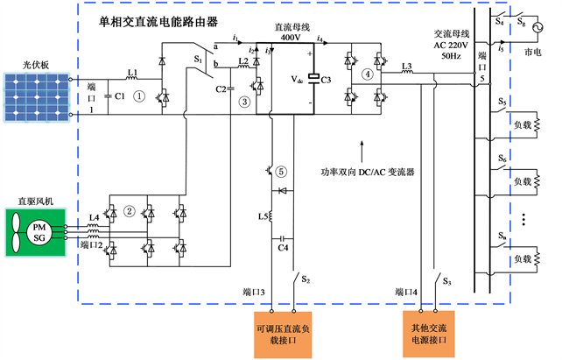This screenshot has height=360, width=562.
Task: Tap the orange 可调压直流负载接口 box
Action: [x=285, y=334]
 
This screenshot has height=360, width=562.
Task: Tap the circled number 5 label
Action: [x=282, y=172]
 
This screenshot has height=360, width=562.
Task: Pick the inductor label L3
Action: [x=406, y=66]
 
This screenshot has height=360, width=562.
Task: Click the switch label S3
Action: [x=446, y=282]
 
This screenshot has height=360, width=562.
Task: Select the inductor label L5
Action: [x=260, y=215]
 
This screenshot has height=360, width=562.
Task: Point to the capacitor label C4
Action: [x=283, y=248]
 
